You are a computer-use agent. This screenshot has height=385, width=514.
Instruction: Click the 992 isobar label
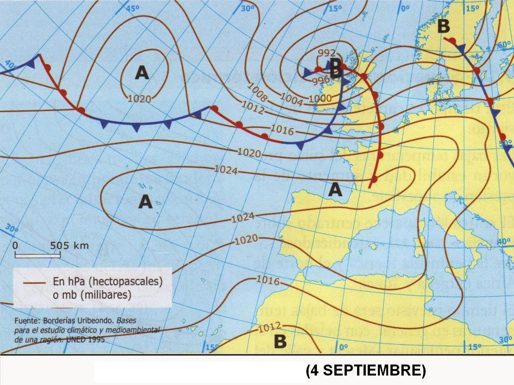coord(327,53)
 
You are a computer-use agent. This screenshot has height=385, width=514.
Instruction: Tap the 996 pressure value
coord(321,80)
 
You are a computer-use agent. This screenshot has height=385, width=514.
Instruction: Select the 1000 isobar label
coord(320,98)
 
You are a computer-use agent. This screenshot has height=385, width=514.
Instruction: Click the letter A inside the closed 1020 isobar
coord(142,72)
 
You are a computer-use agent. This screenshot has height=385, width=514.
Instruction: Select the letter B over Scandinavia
coord(443,27)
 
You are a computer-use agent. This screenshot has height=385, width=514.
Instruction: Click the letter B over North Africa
coord(280,341)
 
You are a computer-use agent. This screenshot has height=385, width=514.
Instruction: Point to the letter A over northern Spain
coord(335,189)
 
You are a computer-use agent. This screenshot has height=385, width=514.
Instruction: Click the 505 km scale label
coord(69,245)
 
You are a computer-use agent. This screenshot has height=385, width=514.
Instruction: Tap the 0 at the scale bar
coord(15,245)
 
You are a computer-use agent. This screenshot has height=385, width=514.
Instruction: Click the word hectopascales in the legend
coord(127,282)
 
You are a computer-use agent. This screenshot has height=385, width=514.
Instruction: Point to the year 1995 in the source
coord(94,340)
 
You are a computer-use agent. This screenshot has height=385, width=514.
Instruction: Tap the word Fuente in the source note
coord(27,321)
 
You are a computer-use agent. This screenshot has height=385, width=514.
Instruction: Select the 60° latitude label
coord(504,45)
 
